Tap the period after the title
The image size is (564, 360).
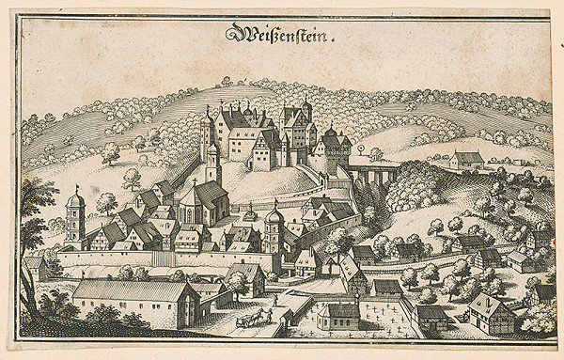(330, 42)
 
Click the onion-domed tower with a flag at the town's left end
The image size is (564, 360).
(76, 218)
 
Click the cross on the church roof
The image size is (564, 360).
(196, 178)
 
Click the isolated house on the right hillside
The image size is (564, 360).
(466, 160)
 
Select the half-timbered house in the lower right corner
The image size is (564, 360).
(490, 312)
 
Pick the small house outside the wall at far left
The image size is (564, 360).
(35, 266)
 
